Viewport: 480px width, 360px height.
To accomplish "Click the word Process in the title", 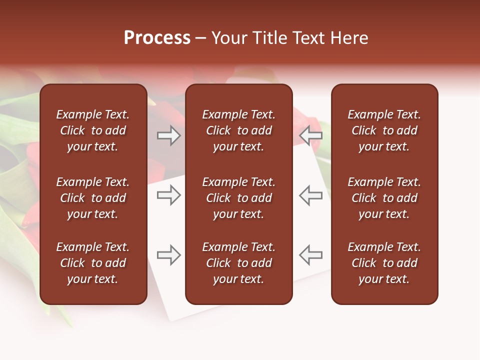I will pos(157,38).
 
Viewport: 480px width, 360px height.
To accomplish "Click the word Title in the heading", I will pos(269,38).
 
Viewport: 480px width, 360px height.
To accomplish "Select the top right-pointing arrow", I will pos(169,135).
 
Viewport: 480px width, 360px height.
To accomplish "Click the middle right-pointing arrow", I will pos(169,195).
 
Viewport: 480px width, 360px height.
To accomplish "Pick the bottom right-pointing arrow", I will pos(169,255).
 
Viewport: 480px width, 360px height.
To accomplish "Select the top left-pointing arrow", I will pos(310,135).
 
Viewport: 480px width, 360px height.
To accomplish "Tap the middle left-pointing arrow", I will pos(310,195).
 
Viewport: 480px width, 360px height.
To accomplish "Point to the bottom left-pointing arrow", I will pos(310,255).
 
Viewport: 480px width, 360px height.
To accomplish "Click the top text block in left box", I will pos(93,130).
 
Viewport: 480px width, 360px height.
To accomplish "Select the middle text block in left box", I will pos(93,198).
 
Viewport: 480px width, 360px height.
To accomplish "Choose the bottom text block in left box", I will pos(93,263).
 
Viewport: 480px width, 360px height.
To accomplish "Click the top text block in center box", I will pos(238,130).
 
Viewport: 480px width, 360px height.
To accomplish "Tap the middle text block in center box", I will pos(238,198).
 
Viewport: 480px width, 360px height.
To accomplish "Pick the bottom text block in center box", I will pos(238,263).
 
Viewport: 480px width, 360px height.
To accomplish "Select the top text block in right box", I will pos(384,130).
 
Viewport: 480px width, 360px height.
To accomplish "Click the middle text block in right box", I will pos(384,198).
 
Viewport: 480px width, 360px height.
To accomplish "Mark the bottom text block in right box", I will pos(384,263).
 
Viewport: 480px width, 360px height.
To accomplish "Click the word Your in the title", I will pos(230,38).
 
